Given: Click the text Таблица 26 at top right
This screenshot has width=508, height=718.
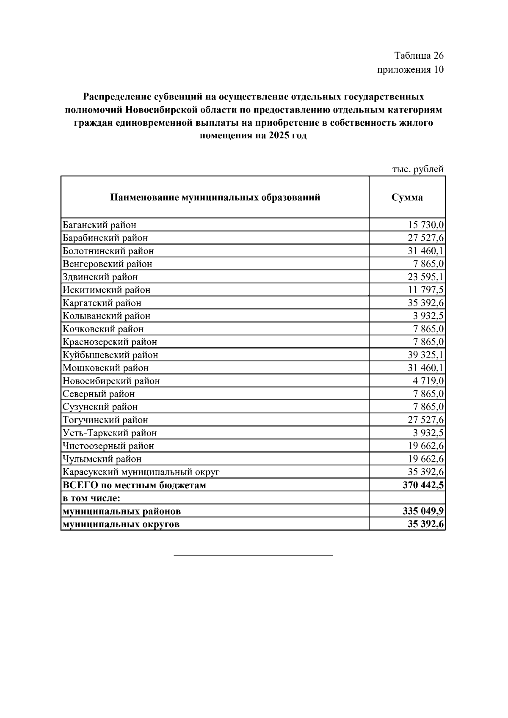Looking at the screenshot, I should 418,56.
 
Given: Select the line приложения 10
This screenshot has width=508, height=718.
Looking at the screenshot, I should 410,70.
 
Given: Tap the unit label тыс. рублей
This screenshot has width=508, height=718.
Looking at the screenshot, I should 417,169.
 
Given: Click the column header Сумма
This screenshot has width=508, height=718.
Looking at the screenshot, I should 407,198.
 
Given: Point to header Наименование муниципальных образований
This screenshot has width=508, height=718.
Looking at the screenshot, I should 215,198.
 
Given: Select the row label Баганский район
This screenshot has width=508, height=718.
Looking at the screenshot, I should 99,225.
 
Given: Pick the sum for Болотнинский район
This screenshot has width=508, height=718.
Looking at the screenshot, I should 425,251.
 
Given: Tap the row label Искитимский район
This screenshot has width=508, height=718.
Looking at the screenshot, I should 106,290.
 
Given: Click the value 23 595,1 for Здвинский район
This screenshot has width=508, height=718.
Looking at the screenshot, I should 425,277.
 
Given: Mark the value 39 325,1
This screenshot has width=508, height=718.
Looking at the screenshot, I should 425,355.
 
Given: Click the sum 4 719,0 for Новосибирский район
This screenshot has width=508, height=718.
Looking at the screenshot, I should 428,381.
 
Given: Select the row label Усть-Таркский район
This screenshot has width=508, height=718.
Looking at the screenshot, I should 110,433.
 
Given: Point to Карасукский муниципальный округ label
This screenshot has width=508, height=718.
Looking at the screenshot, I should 141,472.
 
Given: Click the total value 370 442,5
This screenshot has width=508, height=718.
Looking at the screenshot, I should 423,485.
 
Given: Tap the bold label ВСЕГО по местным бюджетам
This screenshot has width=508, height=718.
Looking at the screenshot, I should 134,485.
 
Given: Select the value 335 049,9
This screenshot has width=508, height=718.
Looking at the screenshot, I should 423,512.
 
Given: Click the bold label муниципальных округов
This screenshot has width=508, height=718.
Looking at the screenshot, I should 121,525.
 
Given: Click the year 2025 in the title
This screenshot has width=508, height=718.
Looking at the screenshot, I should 278,136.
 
